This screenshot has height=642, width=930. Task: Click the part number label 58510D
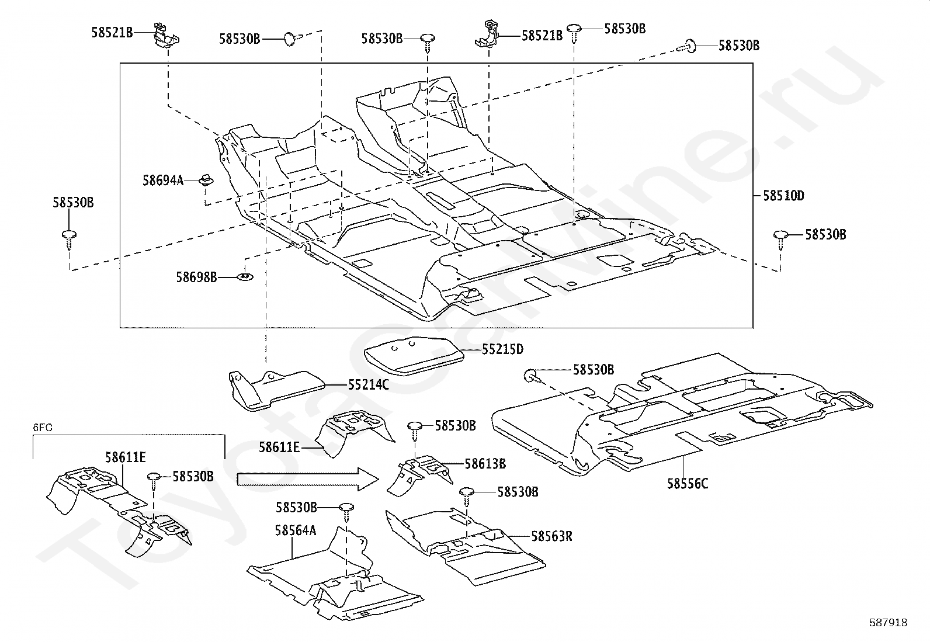point(783,196)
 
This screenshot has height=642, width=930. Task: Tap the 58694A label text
point(163,181)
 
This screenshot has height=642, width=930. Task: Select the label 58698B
point(196,277)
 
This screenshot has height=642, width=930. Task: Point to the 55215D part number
point(502,350)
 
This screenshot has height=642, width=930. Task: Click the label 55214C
point(368,386)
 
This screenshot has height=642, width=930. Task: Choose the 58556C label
point(688,484)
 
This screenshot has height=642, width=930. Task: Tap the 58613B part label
point(485,464)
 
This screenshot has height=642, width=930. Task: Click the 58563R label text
point(552,536)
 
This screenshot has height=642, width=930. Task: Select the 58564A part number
point(296,530)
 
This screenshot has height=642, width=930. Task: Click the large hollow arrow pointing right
point(308,480)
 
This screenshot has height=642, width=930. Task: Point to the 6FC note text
point(43,428)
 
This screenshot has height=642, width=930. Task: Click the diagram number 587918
point(888,623)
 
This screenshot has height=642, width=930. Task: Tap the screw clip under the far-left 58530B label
point(69,240)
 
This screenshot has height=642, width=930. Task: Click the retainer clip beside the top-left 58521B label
point(166,35)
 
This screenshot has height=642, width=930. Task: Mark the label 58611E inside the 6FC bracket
point(126,457)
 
